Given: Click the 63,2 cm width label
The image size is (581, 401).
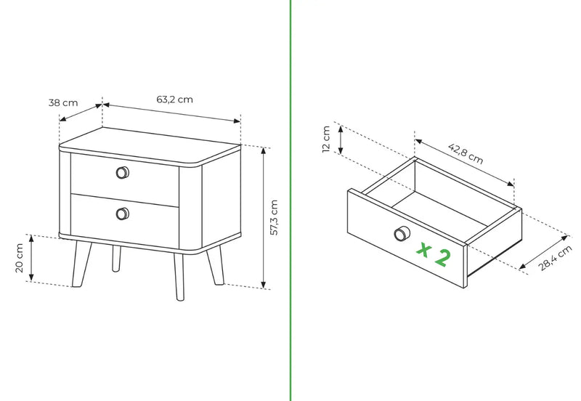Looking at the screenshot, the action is pyautogui.click(x=174, y=100).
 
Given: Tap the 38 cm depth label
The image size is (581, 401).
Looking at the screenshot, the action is pyautogui.click(x=63, y=102).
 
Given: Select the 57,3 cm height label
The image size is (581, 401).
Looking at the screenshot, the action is pyautogui.click(x=274, y=217).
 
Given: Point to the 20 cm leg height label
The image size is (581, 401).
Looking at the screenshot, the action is pyautogui.click(x=20, y=258).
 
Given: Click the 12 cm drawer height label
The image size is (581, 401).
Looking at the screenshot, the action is pyautogui.click(x=326, y=139).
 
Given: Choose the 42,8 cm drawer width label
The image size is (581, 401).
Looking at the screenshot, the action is pyautogui.click(x=466, y=153).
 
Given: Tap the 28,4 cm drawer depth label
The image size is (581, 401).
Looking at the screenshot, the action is pyautogui.click(x=555, y=258).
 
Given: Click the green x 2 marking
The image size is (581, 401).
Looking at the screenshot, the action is pyautogui.click(x=434, y=254).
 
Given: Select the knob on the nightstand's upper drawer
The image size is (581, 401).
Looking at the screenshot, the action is pyautogui.click(x=123, y=173).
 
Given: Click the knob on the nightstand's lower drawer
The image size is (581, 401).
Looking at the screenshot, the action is pyautogui.click(x=123, y=214).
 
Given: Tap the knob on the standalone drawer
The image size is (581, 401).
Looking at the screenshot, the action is pyautogui.click(x=402, y=234).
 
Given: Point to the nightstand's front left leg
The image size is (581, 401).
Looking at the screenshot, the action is pyautogui.click(x=81, y=264).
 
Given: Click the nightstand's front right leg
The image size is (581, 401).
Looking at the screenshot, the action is pyautogui.click(x=179, y=277).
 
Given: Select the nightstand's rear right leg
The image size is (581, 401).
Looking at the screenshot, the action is pyautogui.click(x=216, y=265).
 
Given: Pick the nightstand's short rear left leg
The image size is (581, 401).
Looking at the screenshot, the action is pyautogui.click(x=116, y=259).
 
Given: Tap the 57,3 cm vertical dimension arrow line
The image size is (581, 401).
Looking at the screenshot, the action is pyautogui.click(x=264, y=217).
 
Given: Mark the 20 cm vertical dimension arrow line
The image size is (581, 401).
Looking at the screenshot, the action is pyautogui.click(x=31, y=258).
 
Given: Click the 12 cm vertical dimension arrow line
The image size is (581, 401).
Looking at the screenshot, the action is pyautogui.click(x=341, y=139).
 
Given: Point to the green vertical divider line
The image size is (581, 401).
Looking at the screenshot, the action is pyautogui.click(x=291, y=200).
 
